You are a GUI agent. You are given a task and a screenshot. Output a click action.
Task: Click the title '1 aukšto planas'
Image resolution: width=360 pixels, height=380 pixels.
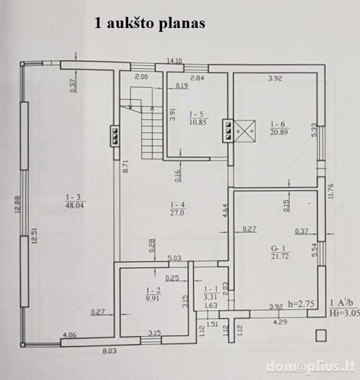(150, 23)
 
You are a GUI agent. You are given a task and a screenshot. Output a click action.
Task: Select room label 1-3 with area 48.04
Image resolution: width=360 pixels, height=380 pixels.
(75, 201)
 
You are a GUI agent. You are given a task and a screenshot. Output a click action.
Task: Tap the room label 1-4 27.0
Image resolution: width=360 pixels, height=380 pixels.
(177, 209)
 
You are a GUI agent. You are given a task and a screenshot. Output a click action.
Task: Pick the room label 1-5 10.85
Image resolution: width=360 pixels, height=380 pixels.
(197, 118)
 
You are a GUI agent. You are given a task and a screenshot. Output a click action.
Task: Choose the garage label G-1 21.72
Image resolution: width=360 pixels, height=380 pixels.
(280, 252)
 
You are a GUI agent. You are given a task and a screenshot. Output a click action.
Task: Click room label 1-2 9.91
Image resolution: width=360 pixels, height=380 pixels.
(152, 294)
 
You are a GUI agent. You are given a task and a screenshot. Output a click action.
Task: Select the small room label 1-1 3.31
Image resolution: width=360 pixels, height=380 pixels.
(211, 293)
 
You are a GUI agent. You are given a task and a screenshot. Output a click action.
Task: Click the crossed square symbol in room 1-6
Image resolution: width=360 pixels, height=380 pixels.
(245, 131)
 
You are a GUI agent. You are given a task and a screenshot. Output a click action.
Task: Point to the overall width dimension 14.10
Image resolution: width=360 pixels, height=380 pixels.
(175, 61)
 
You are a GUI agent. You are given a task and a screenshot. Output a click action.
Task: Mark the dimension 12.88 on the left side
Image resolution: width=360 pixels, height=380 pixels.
(18, 204)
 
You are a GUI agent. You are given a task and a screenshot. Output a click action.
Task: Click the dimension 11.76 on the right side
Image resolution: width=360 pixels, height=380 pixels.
(331, 191)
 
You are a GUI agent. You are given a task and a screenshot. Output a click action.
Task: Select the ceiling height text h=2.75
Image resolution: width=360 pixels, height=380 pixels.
(301, 303)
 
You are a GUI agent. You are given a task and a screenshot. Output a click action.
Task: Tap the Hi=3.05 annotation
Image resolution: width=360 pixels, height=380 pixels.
(345, 313)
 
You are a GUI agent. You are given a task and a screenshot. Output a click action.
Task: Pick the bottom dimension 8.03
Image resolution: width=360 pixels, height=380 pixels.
(109, 351)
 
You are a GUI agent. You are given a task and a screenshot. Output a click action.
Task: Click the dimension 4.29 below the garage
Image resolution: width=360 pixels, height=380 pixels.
(280, 322)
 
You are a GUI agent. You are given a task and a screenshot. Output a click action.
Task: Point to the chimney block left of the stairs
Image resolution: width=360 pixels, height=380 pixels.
(115, 136)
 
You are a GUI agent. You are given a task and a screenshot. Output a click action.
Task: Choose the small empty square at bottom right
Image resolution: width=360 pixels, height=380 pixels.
(321, 336)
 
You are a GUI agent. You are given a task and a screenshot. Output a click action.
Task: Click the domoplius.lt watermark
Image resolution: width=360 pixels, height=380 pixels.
(311, 367)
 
